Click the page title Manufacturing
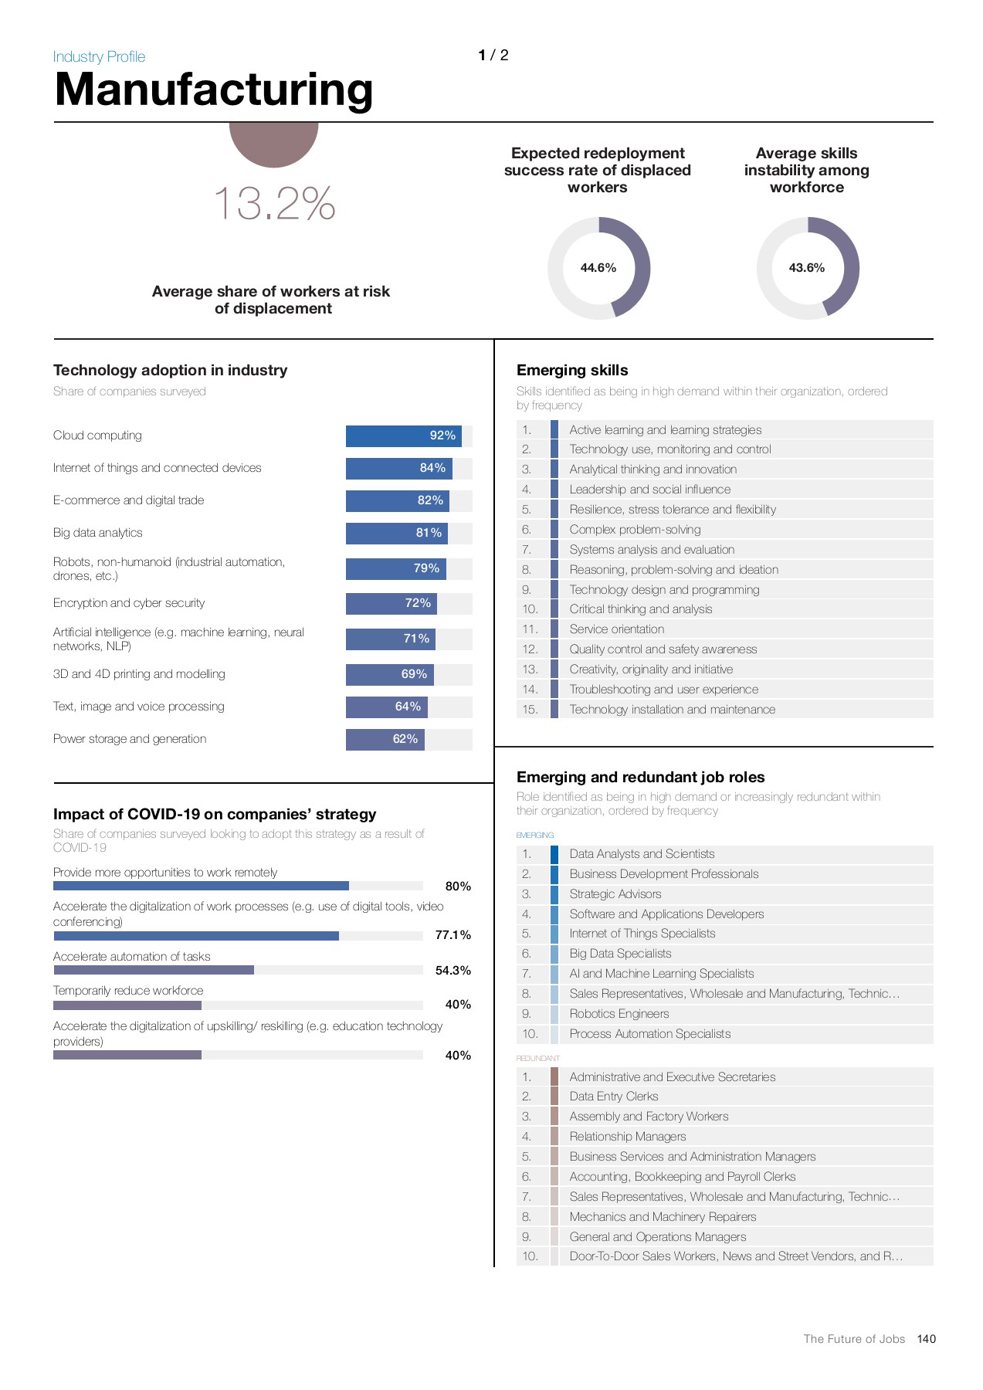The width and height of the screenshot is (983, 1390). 214,90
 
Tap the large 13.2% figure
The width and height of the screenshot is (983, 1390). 274,204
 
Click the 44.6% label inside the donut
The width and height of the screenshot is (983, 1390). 598,268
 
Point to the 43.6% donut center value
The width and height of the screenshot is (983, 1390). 807,268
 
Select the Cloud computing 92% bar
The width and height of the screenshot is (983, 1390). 403,436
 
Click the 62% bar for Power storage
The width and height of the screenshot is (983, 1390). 385,739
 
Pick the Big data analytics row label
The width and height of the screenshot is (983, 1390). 98,533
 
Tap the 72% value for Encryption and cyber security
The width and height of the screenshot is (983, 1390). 418,603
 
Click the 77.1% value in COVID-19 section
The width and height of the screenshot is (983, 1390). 453,935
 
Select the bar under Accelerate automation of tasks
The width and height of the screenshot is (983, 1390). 154,970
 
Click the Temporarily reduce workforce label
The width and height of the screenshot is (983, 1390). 128,991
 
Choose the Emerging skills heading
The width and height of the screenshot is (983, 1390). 572,371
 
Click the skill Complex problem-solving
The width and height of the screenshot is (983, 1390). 635,530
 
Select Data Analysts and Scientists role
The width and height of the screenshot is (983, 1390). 642,854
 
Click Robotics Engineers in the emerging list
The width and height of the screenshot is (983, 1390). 619,1014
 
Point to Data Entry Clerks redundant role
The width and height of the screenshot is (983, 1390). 614,1097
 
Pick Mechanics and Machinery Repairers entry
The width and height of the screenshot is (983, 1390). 663,1217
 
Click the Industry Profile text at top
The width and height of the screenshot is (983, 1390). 99,56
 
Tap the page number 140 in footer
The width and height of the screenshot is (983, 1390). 926,1339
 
